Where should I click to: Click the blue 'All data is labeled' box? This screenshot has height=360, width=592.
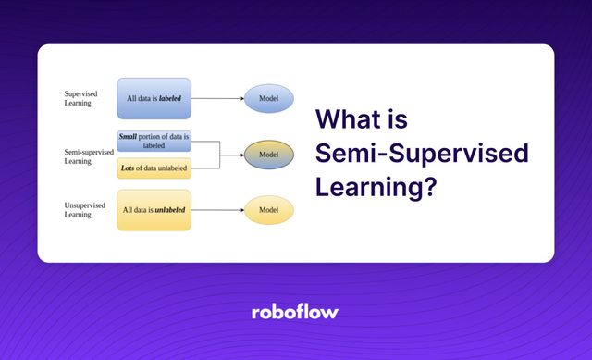pos(154,97)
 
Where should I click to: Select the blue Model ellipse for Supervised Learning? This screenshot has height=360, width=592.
pos(269,97)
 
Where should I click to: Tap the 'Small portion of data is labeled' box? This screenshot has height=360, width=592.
pos(154,141)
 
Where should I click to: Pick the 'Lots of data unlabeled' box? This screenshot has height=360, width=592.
pos(154,168)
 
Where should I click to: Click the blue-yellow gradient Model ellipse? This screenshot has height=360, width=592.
pos(269,154)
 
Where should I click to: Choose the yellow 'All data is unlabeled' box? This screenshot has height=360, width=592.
pos(154,210)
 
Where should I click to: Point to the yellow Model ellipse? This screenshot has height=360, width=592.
pos(269,210)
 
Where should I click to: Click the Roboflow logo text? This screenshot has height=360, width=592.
pos(295,312)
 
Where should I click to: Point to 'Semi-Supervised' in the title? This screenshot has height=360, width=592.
pos(422,154)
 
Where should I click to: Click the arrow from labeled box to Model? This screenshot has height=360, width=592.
pos(217,97)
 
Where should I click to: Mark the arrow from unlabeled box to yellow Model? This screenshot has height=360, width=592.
pos(217,210)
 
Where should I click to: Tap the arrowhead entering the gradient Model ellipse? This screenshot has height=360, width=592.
pos(240,154)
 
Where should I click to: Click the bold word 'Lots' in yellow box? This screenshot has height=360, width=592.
pos(130,168)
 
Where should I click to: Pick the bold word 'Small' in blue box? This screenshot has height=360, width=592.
pos(129,136)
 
